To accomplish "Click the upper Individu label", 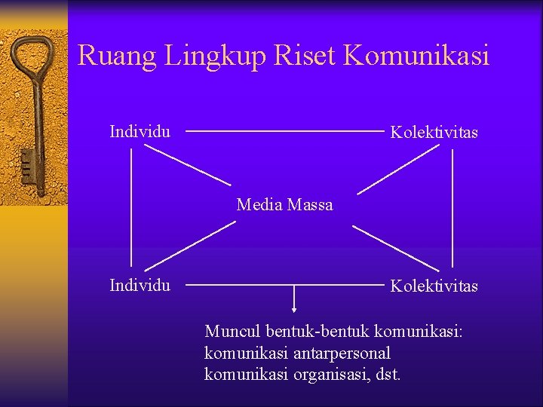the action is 140,132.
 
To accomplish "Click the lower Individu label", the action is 140,285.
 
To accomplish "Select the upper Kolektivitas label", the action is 434,133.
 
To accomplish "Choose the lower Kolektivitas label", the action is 434,286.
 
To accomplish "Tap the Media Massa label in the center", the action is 284,204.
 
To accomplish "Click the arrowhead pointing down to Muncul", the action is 294,308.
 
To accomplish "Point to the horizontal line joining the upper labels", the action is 284,132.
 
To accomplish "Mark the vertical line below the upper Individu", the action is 132,207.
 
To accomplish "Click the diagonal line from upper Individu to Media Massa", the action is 188,165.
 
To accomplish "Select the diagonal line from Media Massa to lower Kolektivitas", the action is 396,249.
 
